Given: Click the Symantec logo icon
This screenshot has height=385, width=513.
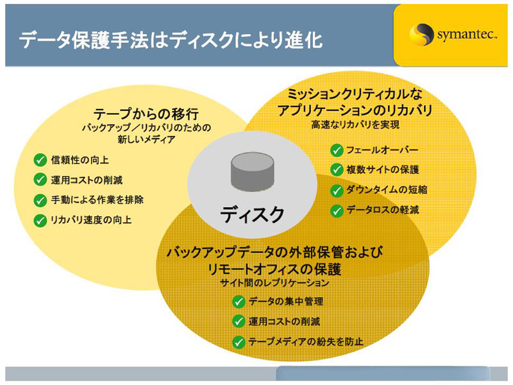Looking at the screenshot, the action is pos(419,35).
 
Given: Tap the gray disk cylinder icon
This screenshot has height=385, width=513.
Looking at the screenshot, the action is pos(252,171).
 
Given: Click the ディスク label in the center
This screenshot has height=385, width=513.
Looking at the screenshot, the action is pos(252,214).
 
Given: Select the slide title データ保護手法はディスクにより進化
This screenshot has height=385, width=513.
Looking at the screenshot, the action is pos(171,40).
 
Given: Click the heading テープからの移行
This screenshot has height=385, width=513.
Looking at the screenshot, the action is pos(146,114).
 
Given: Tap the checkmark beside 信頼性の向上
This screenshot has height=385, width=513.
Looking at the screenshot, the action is pos(40,160).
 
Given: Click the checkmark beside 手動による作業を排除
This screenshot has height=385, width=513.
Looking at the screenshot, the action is pos(40,200).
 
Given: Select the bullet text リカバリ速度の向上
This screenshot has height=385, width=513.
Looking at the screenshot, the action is pos(91,219).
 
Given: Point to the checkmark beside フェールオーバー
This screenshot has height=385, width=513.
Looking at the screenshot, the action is pos(337,150).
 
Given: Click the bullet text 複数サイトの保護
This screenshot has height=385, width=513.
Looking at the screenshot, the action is pos(383,169).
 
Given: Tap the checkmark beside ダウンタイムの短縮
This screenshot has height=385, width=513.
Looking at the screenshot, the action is pos(337,190).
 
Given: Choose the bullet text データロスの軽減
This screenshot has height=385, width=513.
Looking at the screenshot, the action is pos(383,210).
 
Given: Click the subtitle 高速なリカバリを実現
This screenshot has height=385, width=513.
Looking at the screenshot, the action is pos(355,124).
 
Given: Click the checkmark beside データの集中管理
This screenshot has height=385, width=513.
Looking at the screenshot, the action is pos(239,302).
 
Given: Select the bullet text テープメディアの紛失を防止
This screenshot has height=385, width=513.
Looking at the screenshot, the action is pos(306,342).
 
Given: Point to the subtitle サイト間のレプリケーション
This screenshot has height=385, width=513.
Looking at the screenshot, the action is pos(275,282).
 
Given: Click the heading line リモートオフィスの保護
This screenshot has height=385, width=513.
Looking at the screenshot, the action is pos(275,269).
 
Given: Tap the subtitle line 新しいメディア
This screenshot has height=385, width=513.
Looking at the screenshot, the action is pos(146,140).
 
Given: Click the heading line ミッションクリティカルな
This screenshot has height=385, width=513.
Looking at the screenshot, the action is pos(355,94).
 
